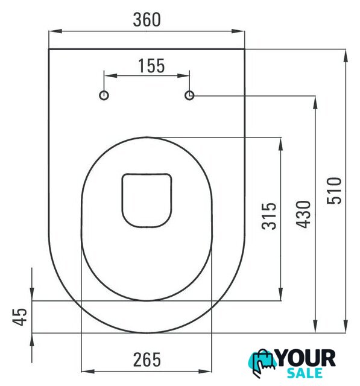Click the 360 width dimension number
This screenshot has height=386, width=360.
(147, 20)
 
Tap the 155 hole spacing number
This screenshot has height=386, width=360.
(151, 66)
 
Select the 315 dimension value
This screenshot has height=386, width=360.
(269, 217)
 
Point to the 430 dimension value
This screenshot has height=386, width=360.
(303, 215)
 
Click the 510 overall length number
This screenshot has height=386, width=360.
(334, 191)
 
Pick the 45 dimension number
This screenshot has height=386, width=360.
(20, 317)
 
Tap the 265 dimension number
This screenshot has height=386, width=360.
(147, 360)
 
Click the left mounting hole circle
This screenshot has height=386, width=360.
(104, 95)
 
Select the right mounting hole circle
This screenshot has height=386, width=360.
(189, 95)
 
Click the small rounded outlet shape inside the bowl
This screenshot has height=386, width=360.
(147, 174)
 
